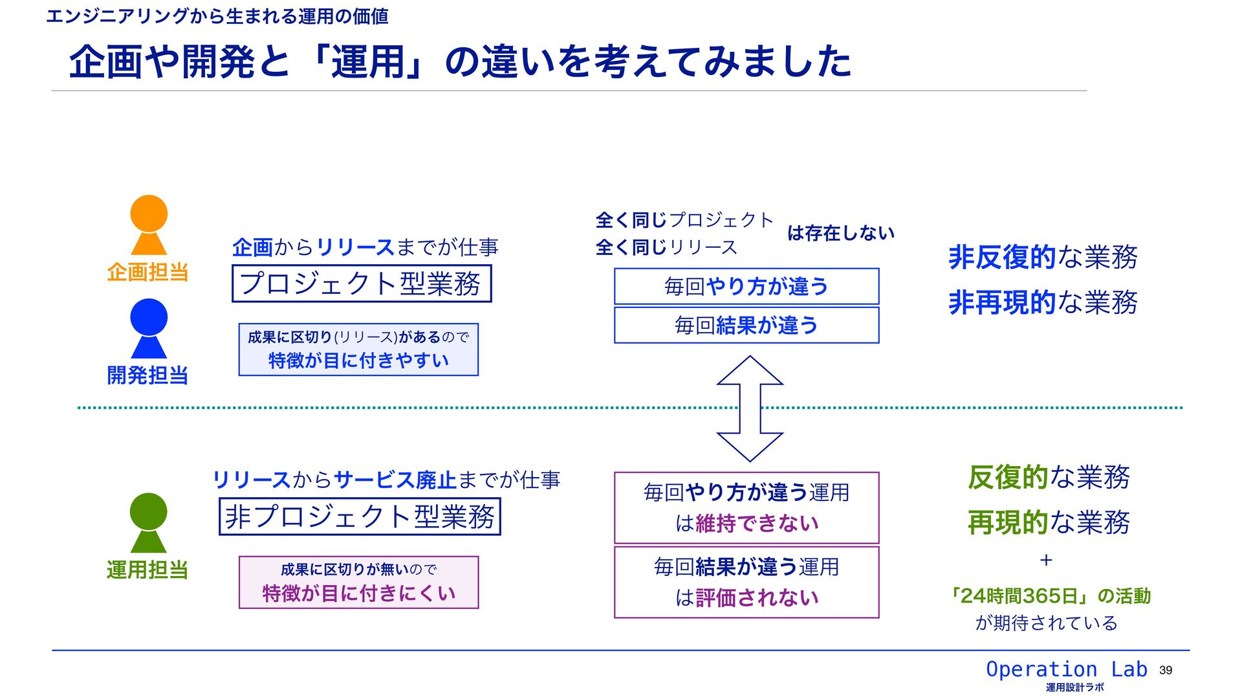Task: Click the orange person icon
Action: (149, 225)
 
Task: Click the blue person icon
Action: (149, 328)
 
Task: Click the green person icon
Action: (149, 522)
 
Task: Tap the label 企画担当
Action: (147, 272)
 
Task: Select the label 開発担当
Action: (147, 375)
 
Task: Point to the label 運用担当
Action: (147, 570)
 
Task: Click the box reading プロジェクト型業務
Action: (362, 283)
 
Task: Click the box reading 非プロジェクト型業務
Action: (360, 516)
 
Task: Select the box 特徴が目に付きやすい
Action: (358, 349)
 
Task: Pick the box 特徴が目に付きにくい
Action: (358, 582)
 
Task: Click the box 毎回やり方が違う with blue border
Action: (746, 286)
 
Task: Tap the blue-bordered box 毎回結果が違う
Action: (746, 325)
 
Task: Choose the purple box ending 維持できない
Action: (746, 508)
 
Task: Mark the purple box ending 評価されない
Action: (746, 582)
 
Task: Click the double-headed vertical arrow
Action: (750, 408)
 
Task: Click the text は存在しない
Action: (841, 233)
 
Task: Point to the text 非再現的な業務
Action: (1043, 303)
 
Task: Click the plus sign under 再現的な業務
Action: (1046, 560)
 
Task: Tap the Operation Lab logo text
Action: (1066, 669)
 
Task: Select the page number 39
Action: (1166, 671)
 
